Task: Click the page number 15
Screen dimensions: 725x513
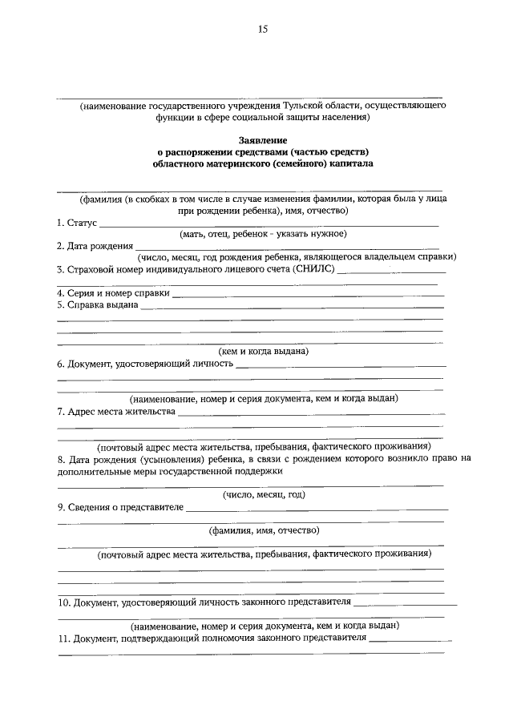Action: (x=262, y=30)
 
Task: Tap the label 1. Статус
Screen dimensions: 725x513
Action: (x=77, y=222)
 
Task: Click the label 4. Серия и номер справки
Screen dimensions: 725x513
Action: (x=113, y=292)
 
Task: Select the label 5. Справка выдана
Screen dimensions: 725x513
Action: (x=98, y=304)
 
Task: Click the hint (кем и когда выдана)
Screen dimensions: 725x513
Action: (x=264, y=351)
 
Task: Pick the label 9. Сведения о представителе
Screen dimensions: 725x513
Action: (x=120, y=507)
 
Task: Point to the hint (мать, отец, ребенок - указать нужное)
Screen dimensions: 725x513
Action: (x=262, y=233)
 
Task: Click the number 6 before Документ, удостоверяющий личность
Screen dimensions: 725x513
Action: (x=60, y=363)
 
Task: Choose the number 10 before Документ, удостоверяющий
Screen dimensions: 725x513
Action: (x=64, y=602)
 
